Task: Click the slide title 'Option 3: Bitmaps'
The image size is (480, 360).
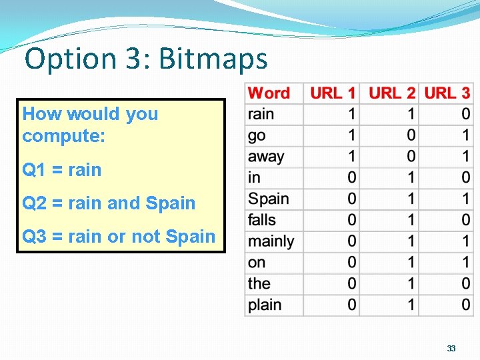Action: [x=146, y=59]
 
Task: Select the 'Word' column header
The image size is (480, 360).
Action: [x=269, y=93]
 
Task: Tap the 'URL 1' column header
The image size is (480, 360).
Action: [x=333, y=93]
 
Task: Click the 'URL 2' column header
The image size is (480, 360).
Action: [x=391, y=93]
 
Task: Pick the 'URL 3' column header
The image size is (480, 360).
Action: [x=447, y=93]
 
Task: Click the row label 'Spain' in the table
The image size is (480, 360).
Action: [x=268, y=199]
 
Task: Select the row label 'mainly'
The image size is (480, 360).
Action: [x=271, y=241]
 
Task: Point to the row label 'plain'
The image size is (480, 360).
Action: [x=264, y=305]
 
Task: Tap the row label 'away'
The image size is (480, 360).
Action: [x=266, y=157]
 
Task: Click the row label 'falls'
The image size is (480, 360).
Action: [x=261, y=220]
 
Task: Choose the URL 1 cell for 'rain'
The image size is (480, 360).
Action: [x=351, y=114]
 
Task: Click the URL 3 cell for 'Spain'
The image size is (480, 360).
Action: [x=465, y=199]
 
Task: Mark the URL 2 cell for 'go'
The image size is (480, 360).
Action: [x=411, y=135]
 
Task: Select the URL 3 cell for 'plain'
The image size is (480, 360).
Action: [x=465, y=305]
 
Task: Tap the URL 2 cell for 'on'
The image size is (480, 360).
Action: [x=411, y=263]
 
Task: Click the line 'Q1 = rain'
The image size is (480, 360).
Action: [x=62, y=170]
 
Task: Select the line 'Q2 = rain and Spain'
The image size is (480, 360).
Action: [x=109, y=203]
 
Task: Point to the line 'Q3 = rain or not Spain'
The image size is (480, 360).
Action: [x=119, y=237]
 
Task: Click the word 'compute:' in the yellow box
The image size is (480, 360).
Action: [x=64, y=136]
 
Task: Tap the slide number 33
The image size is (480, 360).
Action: [x=451, y=348]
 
